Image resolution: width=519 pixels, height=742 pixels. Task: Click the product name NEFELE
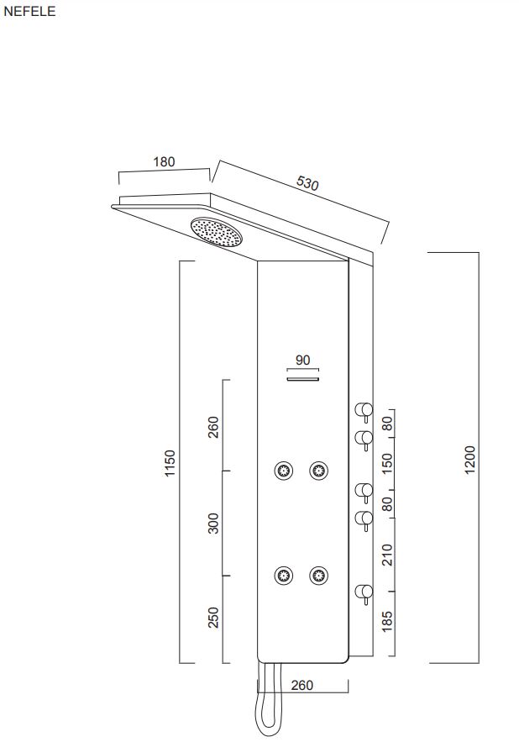pos(29,12)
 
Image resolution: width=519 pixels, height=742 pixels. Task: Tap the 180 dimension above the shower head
pos(165,162)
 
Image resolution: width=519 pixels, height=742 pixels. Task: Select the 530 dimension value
pos(307,183)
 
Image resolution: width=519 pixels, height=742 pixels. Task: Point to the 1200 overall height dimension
pos(470,460)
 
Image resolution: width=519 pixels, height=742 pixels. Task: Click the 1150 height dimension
pos(170,463)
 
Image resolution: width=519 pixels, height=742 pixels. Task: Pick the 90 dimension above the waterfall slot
pos(303,360)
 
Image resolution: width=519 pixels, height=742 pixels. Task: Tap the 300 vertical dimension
pos(213,523)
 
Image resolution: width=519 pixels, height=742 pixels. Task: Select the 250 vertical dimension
pos(213,618)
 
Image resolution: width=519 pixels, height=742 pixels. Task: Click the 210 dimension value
pos(388,555)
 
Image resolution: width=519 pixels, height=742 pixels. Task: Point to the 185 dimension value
pos(388,621)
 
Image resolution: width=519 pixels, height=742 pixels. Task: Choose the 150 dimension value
pos(388,463)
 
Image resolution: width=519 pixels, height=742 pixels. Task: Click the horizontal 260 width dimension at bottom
pos(301,685)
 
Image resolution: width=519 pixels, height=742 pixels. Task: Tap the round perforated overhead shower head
pos(216,231)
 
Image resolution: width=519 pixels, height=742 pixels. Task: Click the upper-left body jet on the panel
pos(284,471)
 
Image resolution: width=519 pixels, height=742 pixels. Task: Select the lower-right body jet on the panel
pos(318,576)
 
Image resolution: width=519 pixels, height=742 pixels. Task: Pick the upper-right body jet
pos(318,471)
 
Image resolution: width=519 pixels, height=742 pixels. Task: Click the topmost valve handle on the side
pos(364,411)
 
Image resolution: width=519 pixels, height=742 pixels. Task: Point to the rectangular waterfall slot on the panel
pos(303,381)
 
